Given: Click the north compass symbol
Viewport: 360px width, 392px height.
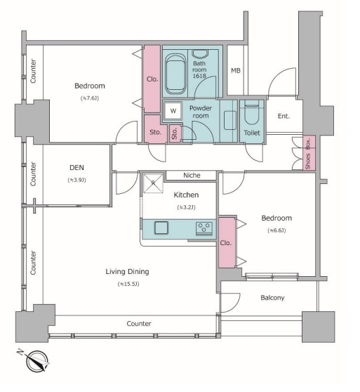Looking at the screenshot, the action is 36,361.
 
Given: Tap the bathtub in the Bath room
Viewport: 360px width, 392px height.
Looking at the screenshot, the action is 175,74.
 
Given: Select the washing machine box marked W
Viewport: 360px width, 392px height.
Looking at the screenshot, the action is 173,110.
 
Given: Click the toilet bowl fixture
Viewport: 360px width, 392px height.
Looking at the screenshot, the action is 252,114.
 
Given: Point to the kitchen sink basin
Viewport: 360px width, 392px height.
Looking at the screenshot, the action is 161,228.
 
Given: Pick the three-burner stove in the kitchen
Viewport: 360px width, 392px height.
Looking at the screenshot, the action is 204,228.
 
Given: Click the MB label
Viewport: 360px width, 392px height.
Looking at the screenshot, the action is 236,70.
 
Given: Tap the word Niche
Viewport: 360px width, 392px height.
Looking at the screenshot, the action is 192,175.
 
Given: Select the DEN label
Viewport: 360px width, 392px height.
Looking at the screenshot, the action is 76,167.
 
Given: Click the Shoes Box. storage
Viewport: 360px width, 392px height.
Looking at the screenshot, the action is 309,153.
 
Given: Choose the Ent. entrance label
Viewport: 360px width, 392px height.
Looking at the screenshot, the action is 284,116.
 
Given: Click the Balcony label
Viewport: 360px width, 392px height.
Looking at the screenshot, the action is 272,298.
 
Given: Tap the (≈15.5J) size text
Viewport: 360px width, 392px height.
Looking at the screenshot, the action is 128,284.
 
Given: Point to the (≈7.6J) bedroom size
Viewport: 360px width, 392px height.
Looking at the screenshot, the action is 90,98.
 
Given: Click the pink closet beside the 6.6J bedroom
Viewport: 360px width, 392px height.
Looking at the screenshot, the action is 227,242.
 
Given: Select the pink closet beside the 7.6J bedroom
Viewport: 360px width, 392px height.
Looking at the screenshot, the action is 152,79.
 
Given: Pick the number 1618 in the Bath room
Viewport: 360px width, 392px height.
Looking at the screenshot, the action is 199,75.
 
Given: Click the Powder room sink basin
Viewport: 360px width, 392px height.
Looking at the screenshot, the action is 230,120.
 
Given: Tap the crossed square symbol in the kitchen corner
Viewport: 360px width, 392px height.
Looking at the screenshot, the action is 153,183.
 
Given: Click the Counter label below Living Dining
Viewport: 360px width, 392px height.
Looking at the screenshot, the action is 139,324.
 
